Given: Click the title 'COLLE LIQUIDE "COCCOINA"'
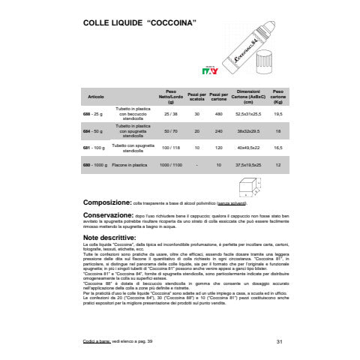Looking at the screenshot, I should (x=139, y=23).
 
